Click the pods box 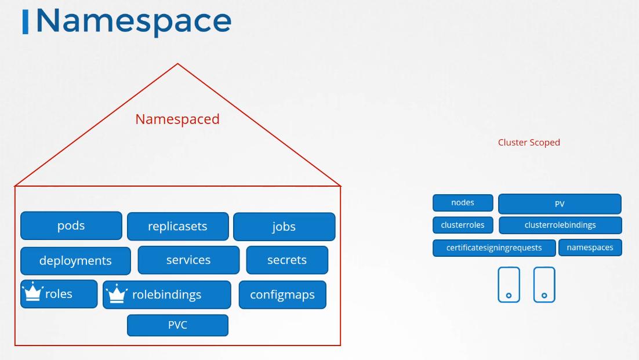click(71, 226)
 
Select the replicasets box click(177, 227)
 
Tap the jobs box click(284, 227)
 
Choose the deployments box click(75, 261)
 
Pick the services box click(188, 260)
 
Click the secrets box click(287, 260)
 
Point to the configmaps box click(282, 294)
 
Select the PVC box click(177, 325)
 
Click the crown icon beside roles click(32, 292)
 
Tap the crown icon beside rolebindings click(117, 293)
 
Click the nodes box click(463, 203)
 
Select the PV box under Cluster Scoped click(560, 203)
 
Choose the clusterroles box click(463, 225)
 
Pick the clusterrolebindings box click(560, 225)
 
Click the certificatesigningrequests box click(494, 248)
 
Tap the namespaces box click(590, 248)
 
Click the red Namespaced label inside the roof click(177, 119)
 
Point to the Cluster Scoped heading click(529, 143)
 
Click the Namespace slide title click(134, 21)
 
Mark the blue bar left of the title click(26, 22)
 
